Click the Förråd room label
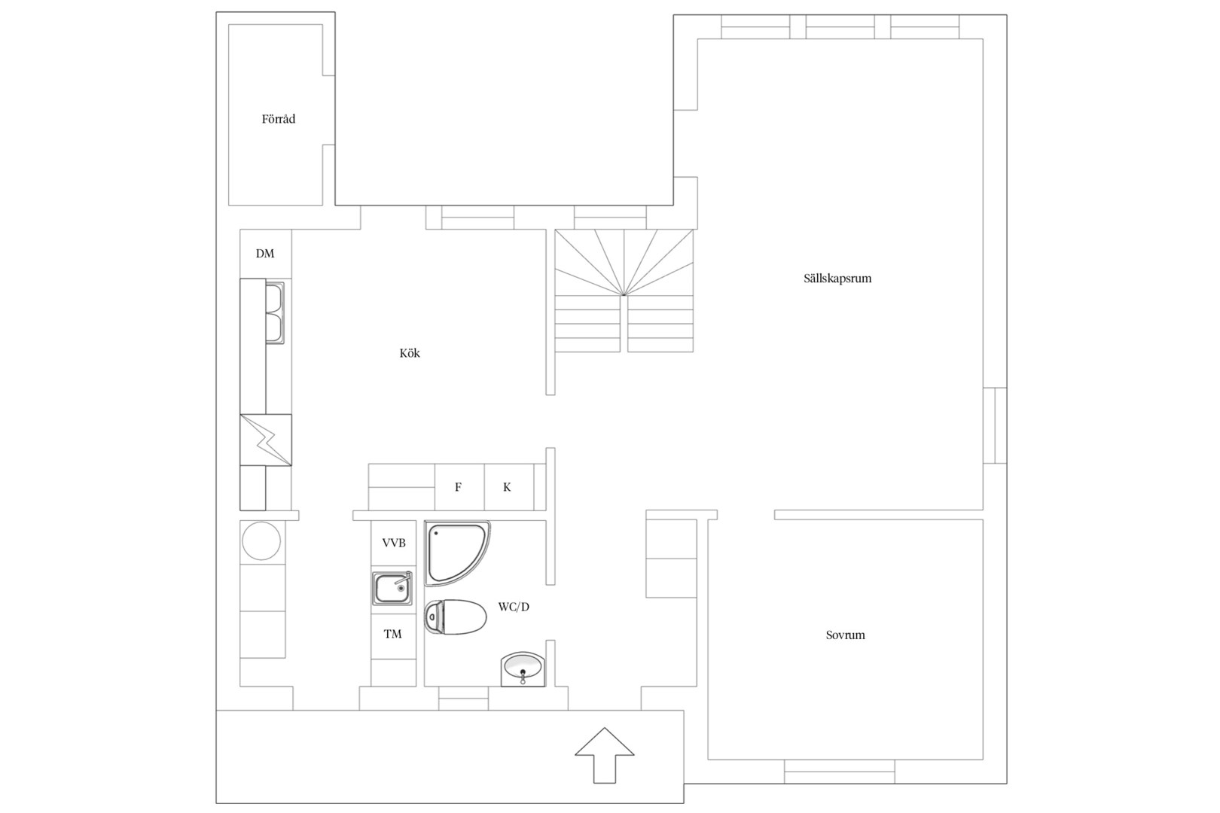tap(279, 119)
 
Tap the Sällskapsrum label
tap(837, 279)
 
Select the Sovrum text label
tap(845, 635)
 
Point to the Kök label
tap(410, 353)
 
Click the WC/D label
tap(514, 607)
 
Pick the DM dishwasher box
tap(266, 254)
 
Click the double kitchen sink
tap(274, 313)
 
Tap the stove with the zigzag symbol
tap(266, 440)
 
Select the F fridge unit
tap(459, 487)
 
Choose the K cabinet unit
tap(508, 487)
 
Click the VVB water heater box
tap(393, 543)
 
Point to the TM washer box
tap(393, 634)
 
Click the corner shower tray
tap(456, 553)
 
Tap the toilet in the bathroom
tap(456, 617)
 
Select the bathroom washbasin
tap(523, 669)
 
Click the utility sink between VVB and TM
tap(392, 588)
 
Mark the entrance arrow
tap(605, 755)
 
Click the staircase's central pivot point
tap(624, 295)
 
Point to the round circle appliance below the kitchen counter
tap(261, 540)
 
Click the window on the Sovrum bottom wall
tap(839, 772)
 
